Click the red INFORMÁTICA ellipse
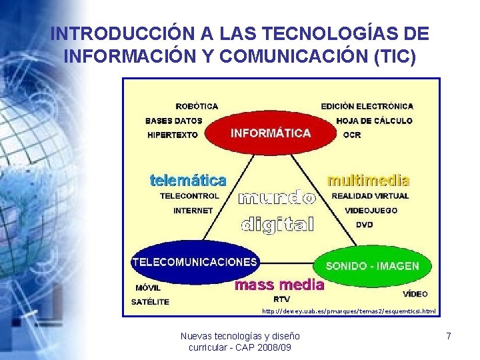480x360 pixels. click(x=270, y=133)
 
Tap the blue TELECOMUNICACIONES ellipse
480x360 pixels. click(x=195, y=262)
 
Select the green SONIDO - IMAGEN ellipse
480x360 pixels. click(x=372, y=265)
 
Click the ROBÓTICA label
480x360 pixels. click(x=197, y=106)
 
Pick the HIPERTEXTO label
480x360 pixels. click(x=173, y=135)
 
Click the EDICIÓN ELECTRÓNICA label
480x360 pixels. click(x=367, y=106)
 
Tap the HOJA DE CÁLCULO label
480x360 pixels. click(x=374, y=121)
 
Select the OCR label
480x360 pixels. click(x=351, y=135)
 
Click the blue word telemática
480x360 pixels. click(x=187, y=180)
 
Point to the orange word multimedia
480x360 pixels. click(x=368, y=180)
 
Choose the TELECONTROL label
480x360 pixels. click(x=189, y=196)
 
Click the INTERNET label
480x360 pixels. click(x=193, y=210)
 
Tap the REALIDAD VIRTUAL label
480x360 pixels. click(x=370, y=196)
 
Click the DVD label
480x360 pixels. click(x=364, y=225)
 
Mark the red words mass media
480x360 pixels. click(x=279, y=285)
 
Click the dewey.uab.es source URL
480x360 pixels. click(x=349, y=311)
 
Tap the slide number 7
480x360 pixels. click(x=449, y=337)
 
